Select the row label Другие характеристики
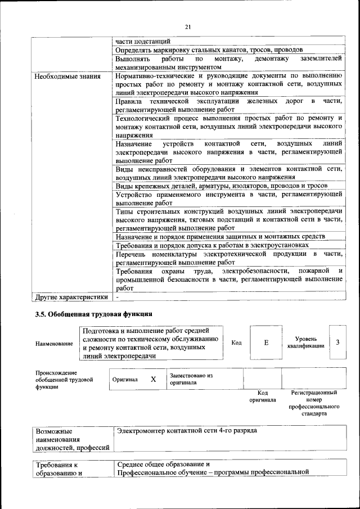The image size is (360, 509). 70,296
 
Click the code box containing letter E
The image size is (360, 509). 266,342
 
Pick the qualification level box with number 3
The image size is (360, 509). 337,342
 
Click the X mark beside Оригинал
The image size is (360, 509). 153,379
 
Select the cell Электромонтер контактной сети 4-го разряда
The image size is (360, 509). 187,430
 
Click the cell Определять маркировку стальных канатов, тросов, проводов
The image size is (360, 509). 209,49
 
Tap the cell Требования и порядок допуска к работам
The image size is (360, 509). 212,245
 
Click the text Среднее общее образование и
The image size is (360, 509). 163,464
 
